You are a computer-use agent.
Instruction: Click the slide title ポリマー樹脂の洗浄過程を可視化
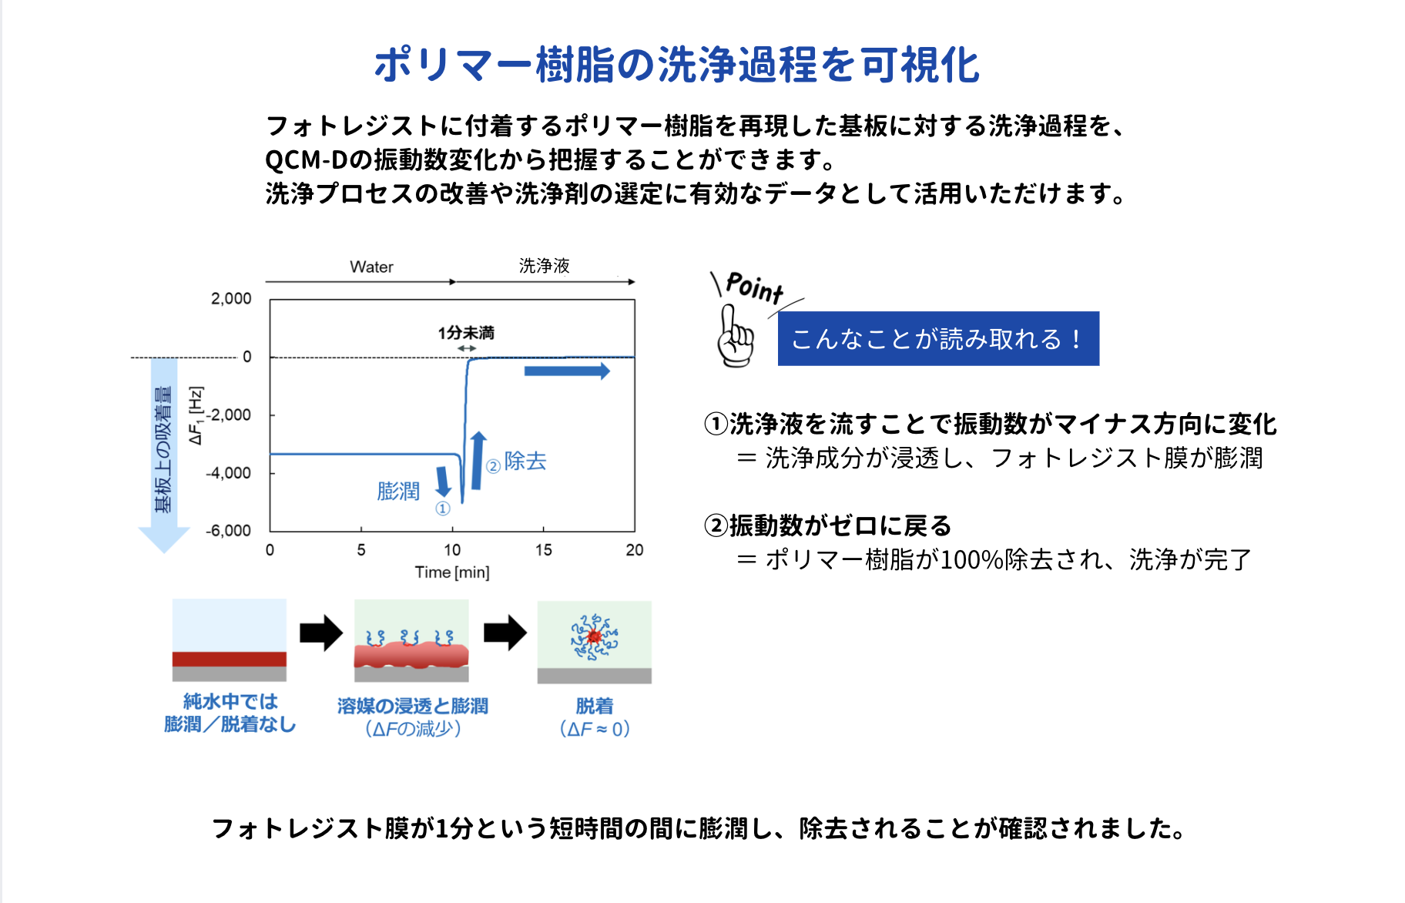[676, 64]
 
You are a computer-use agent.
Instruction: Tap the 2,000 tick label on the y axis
[231, 299]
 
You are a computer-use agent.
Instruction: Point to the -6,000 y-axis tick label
[228, 531]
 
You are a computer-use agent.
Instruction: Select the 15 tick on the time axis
[543, 550]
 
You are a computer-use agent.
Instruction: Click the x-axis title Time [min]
[452, 572]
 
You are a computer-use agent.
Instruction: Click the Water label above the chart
[371, 267]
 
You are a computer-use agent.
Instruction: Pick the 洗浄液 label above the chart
[544, 266]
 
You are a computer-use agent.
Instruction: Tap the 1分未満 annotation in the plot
[466, 333]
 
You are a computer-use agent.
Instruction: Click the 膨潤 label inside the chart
[398, 492]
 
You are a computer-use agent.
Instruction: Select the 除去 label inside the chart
[525, 462]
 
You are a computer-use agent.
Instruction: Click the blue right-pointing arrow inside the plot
[567, 371]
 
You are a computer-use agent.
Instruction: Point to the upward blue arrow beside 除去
[478, 461]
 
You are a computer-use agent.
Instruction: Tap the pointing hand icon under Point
[736, 337]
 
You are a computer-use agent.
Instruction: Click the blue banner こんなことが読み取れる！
[938, 339]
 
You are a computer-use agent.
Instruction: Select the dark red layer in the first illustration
[230, 660]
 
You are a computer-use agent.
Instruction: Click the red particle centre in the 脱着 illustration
[594, 636]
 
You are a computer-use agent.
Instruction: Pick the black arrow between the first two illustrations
[321, 633]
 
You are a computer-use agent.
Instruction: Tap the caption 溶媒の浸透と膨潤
[412, 706]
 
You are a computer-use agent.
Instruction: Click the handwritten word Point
[755, 287]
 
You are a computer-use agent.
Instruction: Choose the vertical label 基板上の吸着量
[163, 450]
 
